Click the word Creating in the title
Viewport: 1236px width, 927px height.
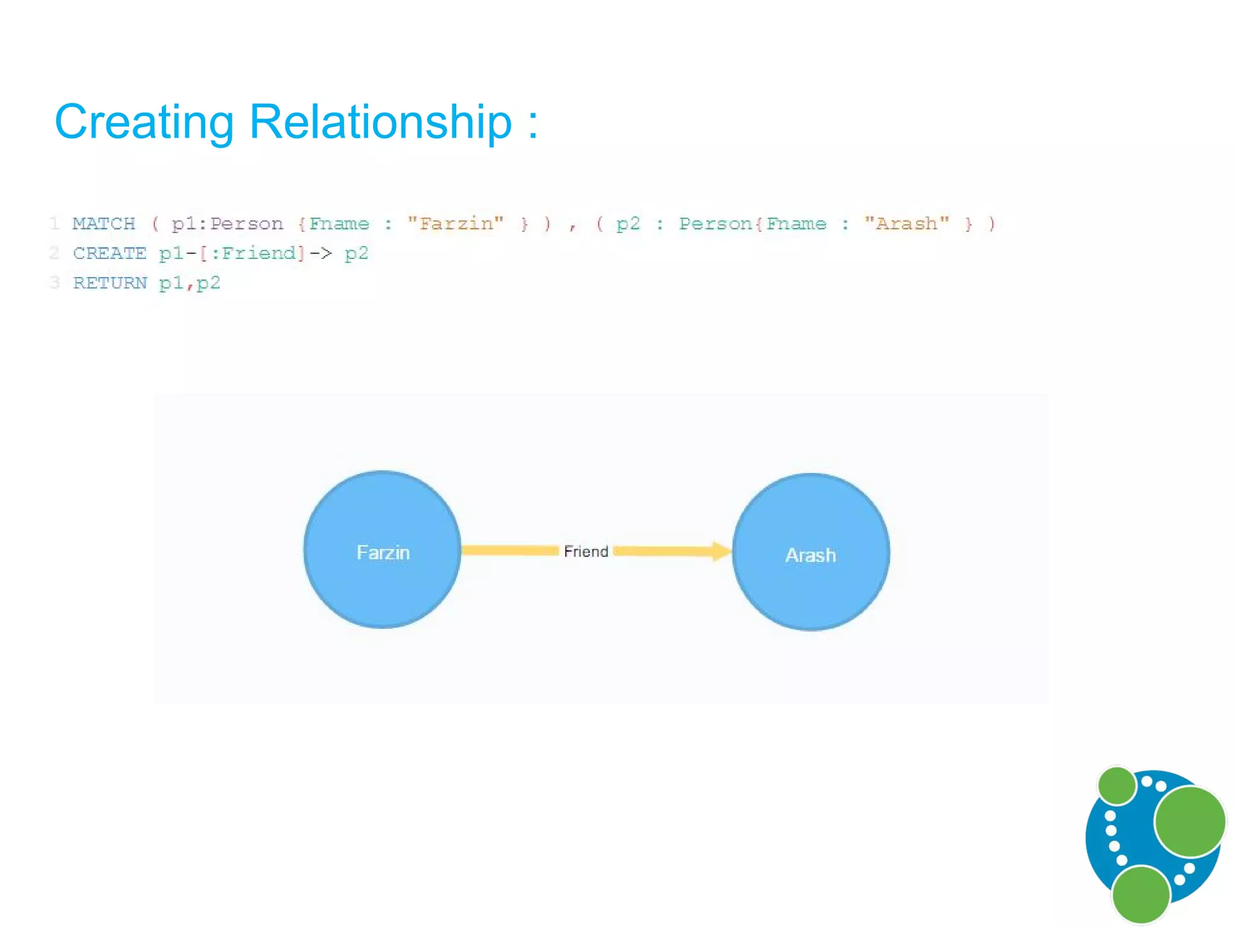144,123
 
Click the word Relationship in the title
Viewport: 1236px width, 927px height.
380,123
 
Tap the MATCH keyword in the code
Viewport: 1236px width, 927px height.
104,224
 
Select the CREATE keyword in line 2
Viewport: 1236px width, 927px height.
109,253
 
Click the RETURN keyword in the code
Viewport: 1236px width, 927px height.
110,283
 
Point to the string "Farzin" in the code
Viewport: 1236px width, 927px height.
456,224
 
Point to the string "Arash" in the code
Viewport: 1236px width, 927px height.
906,224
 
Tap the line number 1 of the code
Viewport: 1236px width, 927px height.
55,224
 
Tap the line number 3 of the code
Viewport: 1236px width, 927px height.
55,283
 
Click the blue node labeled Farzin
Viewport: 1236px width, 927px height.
383,579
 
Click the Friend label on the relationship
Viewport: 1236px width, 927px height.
586,552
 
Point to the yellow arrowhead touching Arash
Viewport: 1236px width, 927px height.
721,551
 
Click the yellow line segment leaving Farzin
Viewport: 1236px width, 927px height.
510,550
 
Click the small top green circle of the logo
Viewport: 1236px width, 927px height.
1117,785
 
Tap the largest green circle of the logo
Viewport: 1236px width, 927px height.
1190,821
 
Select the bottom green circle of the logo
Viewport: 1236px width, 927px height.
1141,895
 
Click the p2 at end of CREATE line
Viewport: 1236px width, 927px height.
356,253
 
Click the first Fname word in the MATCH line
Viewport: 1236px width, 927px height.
339,224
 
